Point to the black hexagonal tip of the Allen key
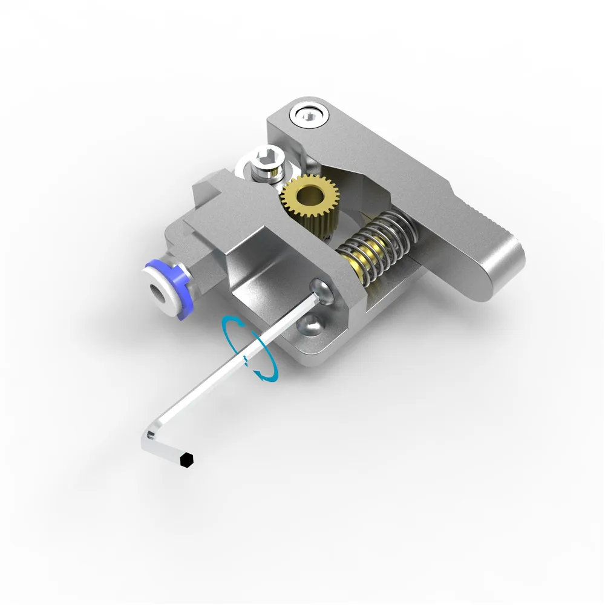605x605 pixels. [188, 459]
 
